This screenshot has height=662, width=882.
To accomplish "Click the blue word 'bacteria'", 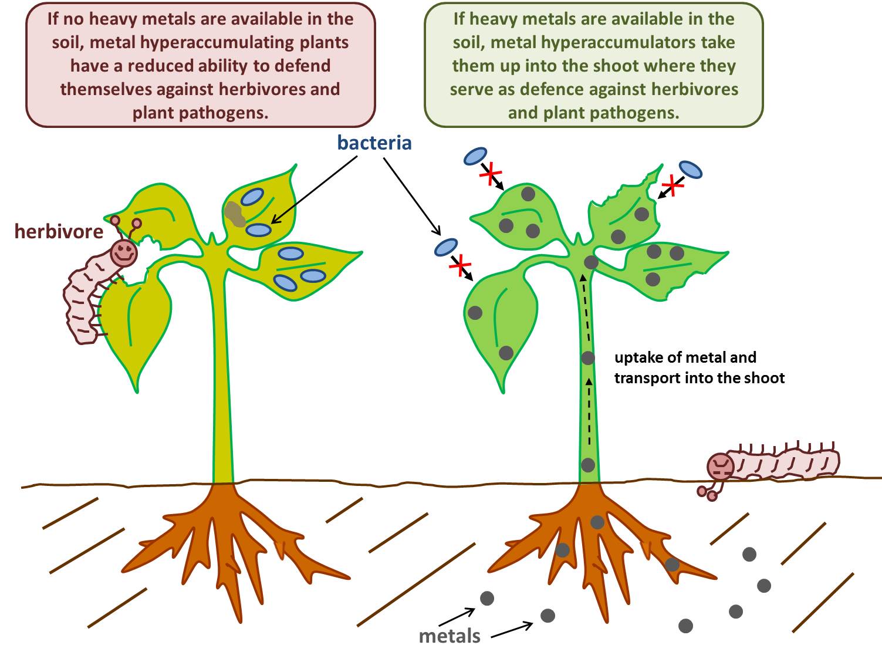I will (x=374, y=143).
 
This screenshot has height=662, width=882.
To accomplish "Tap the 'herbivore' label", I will (x=59, y=231).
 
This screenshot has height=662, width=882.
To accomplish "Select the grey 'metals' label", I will (x=450, y=636).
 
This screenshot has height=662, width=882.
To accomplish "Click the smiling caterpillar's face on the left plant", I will (x=124, y=252).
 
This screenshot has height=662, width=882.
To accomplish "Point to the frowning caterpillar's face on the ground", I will (x=721, y=467).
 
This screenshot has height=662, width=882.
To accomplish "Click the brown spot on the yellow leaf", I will (x=235, y=214).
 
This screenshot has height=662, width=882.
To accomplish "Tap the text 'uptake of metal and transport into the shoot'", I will (x=698, y=367).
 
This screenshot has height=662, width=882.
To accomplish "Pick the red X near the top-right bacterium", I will (x=673, y=186).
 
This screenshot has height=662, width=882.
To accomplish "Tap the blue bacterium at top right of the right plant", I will (x=691, y=170).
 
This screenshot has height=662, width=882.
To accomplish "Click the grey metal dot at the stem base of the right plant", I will (x=588, y=465).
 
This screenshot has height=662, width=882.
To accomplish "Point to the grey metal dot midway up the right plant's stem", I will (x=588, y=357).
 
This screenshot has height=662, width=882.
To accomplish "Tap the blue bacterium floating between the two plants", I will (x=446, y=247).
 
